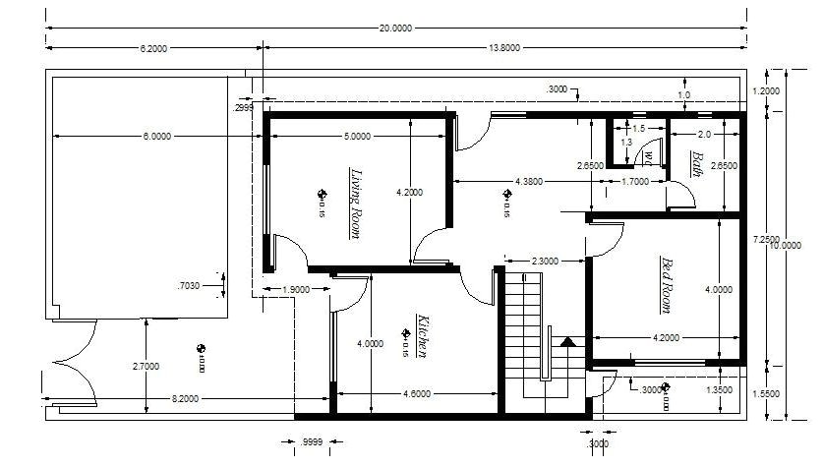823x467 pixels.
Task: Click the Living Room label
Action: click(x=355, y=203)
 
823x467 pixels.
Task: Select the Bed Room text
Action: click(x=666, y=285)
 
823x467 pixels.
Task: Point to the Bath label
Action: click(x=696, y=163)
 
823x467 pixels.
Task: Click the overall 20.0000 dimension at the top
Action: click(x=395, y=29)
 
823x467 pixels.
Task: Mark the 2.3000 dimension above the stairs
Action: click(x=545, y=261)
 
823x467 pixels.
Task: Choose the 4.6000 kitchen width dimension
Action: click(x=417, y=394)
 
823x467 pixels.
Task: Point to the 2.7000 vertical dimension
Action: click(x=146, y=366)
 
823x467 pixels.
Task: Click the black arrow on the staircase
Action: click(x=566, y=343)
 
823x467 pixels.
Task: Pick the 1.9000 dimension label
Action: click(x=296, y=290)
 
